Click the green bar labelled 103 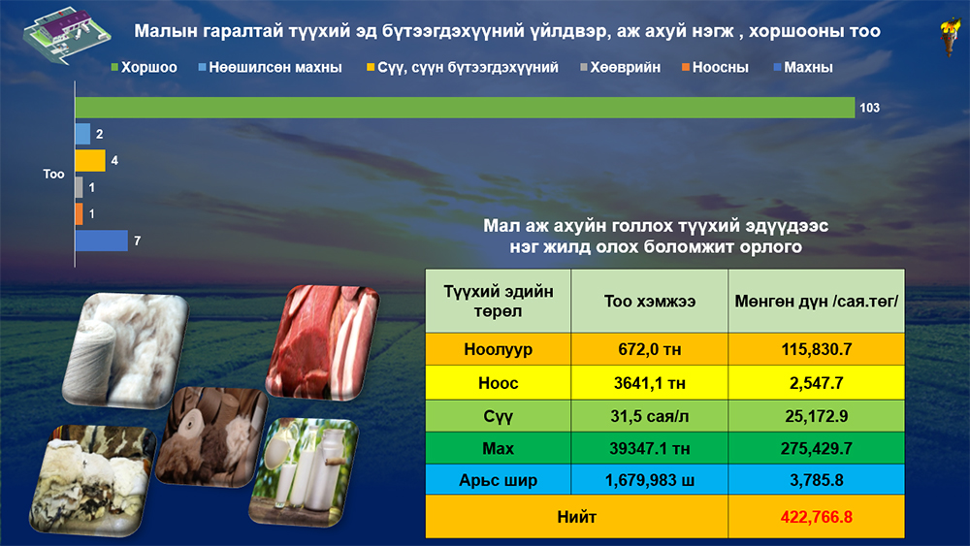click(x=465, y=108)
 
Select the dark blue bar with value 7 click(x=102, y=241)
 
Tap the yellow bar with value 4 click(x=90, y=161)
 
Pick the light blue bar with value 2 click(x=82, y=134)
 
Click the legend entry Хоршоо click(x=144, y=67)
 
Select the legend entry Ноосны click(x=715, y=67)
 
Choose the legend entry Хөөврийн click(x=621, y=67)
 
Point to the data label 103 click(x=869, y=108)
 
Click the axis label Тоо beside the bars click(x=53, y=175)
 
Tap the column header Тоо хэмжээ click(x=650, y=302)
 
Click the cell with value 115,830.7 click(x=816, y=349)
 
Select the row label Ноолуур click(x=498, y=349)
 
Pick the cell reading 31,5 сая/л click(x=650, y=416)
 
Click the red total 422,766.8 click(x=816, y=517)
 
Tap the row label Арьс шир click(x=498, y=480)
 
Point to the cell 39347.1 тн click(x=650, y=448)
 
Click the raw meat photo click(x=322, y=341)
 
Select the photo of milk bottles click(x=304, y=472)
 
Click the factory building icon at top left click(x=67, y=36)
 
